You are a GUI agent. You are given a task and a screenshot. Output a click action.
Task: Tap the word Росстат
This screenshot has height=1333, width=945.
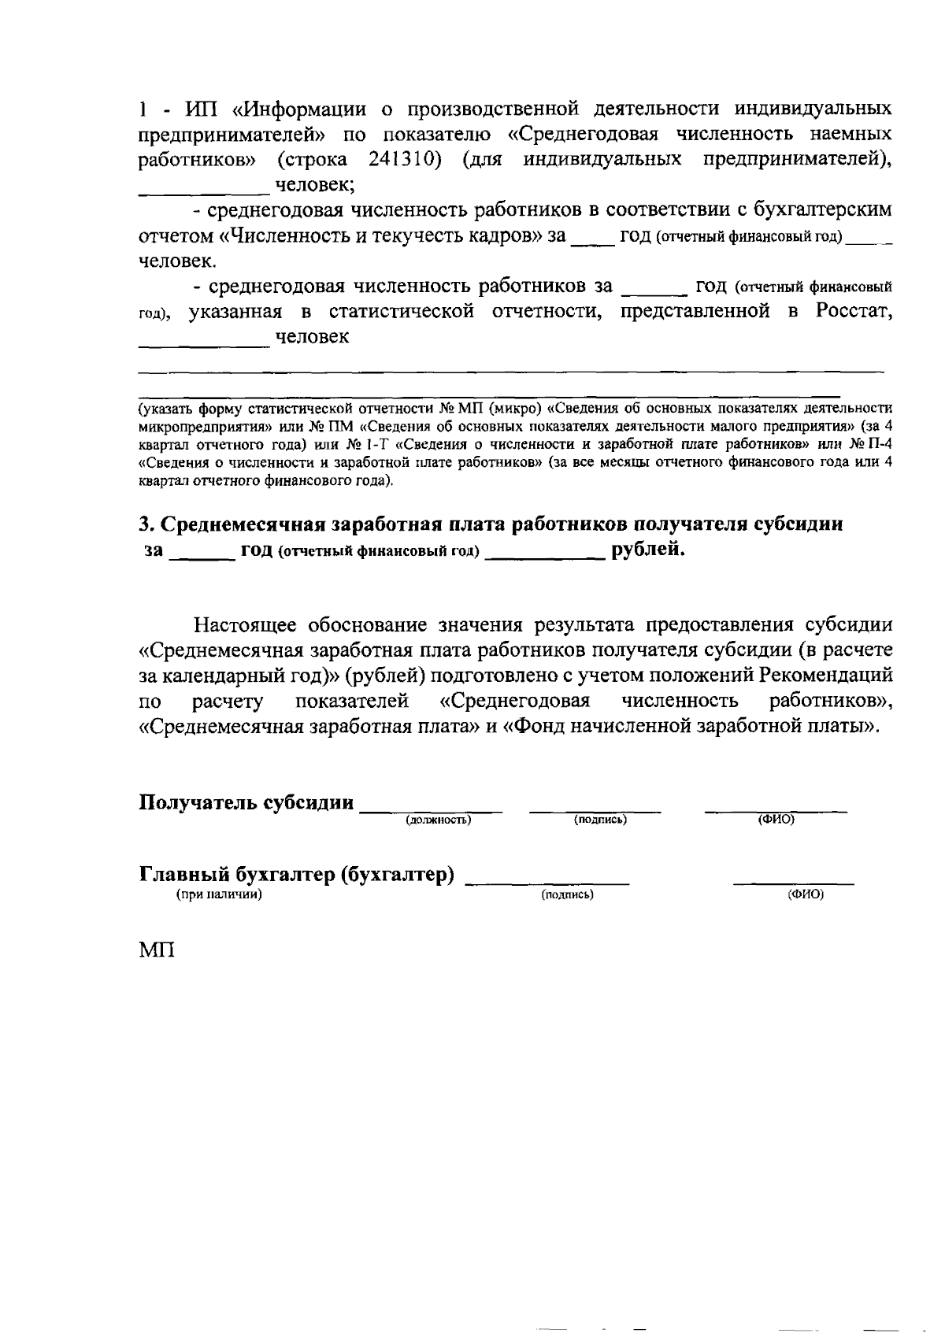[x=854, y=311]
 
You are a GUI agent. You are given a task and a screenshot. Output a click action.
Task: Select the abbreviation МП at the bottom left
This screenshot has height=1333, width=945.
[x=156, y=950]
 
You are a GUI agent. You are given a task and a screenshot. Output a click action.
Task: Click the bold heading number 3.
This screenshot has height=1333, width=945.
[x=144, y=524]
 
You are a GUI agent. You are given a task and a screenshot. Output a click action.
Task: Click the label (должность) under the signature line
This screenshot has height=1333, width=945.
[x=438, y=820]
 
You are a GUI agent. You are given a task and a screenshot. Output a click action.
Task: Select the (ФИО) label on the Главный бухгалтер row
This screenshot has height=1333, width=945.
[x=806, y=894]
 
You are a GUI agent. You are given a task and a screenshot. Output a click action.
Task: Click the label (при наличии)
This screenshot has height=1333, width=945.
[x=218, y=894]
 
